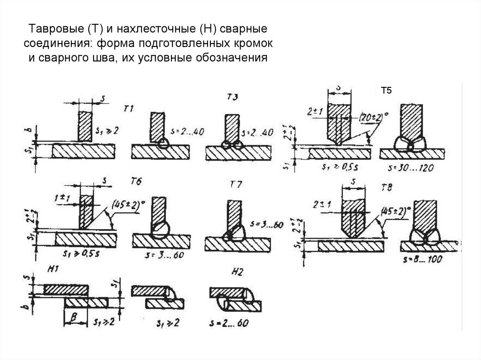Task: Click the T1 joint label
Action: pos(128,109)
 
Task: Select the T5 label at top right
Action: pos(386,91)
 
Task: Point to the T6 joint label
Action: pos(136,181)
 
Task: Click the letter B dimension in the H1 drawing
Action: pos(74,318)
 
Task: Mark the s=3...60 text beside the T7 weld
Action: pos(266,225)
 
